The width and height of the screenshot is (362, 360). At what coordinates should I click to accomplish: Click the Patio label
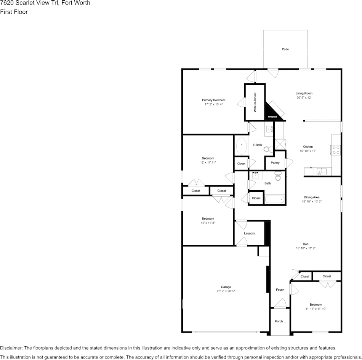coord(285,49)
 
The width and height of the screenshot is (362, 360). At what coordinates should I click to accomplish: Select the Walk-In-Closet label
coord(255,102)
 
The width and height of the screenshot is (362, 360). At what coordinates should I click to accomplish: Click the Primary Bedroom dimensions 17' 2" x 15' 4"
coord(213,104)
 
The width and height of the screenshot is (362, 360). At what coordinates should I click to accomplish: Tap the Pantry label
coord(275,162)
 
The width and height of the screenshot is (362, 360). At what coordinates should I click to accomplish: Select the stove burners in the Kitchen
coord(336,150)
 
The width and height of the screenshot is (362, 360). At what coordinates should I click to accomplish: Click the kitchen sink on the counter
coord(320,171)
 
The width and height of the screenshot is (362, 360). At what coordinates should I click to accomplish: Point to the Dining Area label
coord(311,197)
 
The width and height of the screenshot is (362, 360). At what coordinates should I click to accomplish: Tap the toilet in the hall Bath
coord(278,177)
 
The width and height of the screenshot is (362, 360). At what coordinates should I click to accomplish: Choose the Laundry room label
coord(249,233)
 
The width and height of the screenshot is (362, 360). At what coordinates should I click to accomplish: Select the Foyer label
coord(280,290)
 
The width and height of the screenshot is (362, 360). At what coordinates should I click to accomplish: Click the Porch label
coord(279,321)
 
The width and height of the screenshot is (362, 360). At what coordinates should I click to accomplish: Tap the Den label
coord(306,244)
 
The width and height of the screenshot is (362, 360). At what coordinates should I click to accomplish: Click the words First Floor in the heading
coord(14,12)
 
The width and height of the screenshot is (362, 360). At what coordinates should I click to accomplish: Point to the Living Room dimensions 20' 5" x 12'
coord(304,97)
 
